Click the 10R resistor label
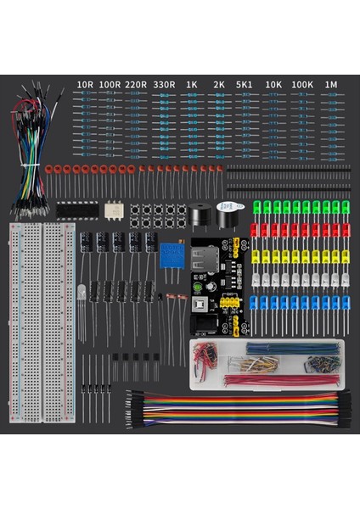[85, 85]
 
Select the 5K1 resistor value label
[245, 85]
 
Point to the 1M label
[331, 85]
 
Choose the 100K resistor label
[301, 85]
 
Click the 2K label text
[219, 85]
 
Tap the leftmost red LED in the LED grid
[256, 232]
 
